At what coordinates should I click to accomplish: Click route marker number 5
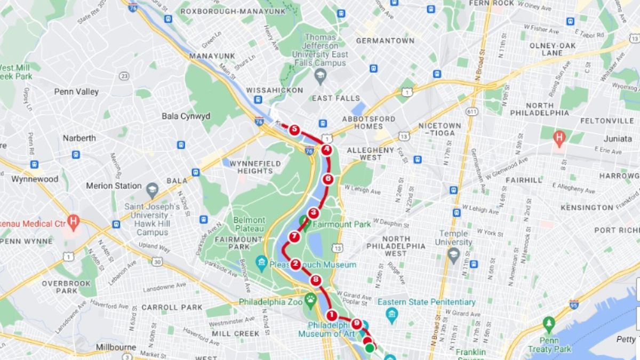pos(294,129)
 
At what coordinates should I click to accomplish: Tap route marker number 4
pos(326,150)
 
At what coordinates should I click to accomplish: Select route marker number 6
pos(328,179)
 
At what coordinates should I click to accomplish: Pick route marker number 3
pos(314,212)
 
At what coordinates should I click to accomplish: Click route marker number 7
pos(294,236)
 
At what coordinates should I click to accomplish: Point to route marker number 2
pos(295,263)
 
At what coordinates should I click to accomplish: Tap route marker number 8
pos(316,279)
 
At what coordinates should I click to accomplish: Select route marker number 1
pos(332,315)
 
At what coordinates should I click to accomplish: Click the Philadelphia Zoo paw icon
pos(310,301)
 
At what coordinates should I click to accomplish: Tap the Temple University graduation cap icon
pos(453,252)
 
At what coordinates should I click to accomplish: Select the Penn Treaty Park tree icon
pos(549,323)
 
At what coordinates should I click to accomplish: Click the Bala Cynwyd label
pos(186,116)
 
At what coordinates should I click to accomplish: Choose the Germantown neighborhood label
pos(385,41)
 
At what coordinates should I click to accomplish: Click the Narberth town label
pos(79,138)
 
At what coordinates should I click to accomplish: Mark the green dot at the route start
pos(370,348)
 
